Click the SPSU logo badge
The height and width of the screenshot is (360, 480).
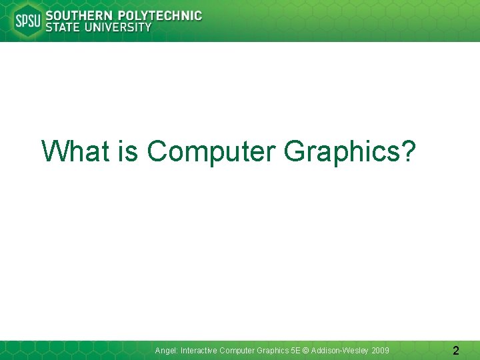tap(27, 21)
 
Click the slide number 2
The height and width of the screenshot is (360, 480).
tap(455, 350)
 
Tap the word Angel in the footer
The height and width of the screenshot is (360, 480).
tap(166, 351)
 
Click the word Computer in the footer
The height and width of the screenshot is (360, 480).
tap(237, 351)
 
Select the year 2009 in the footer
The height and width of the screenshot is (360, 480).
tap(381, 350)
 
